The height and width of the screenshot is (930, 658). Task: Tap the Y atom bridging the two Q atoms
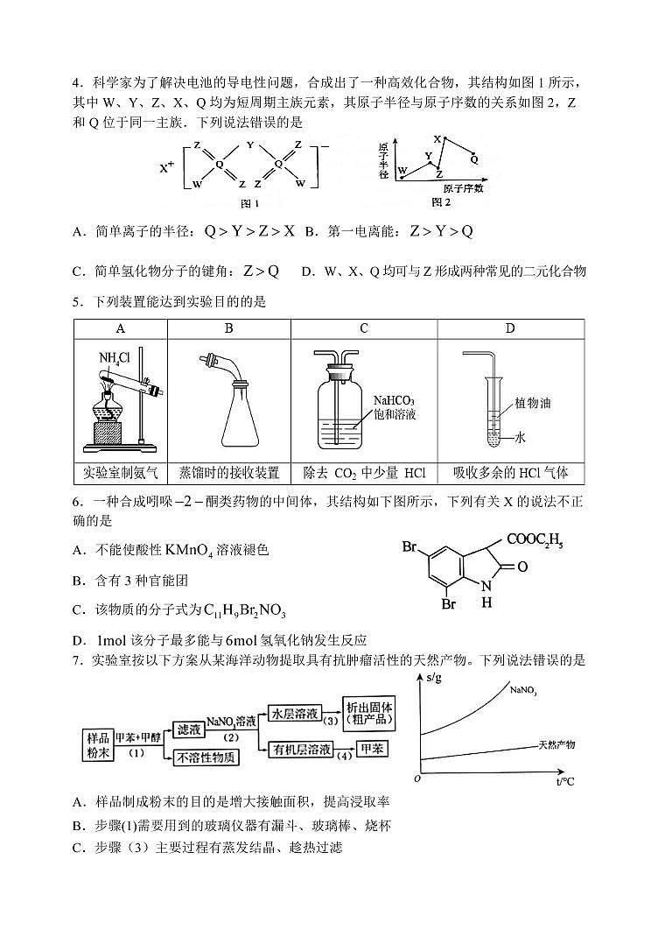[x=250, y=146]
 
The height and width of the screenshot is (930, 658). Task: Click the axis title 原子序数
[x=463, y=187]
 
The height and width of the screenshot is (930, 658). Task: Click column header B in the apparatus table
[x=228, y=329]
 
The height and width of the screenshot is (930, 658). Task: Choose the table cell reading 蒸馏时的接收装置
[x=228, y=473]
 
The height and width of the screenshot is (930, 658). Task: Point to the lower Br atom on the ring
[x=449, y=604]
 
